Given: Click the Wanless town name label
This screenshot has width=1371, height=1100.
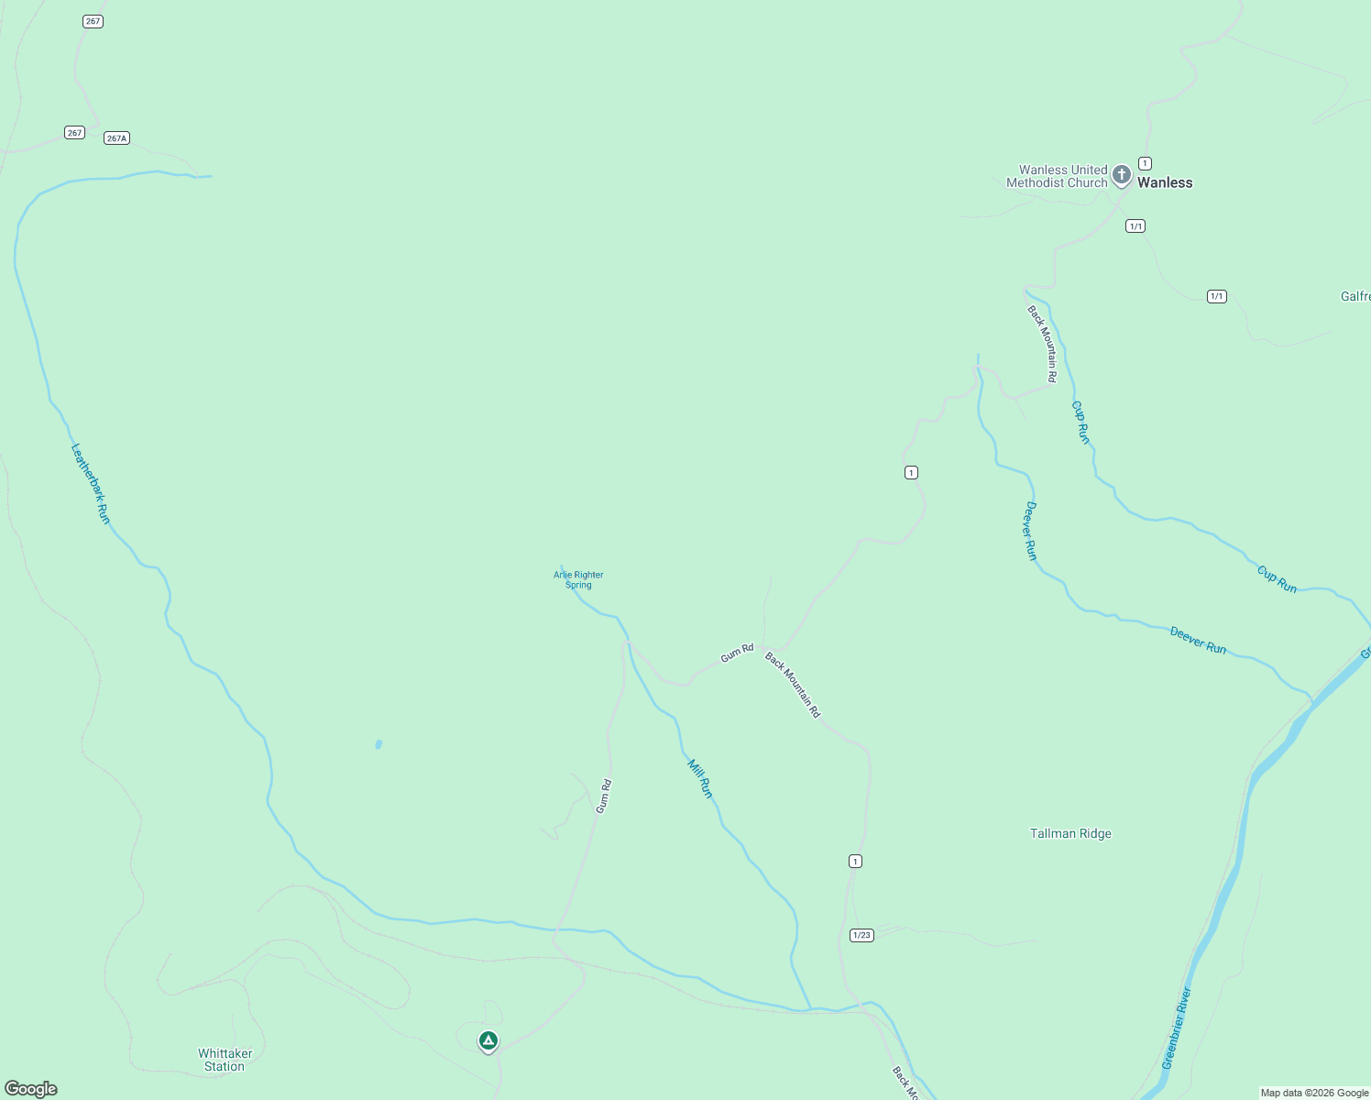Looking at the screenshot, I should [x=1165, y=182].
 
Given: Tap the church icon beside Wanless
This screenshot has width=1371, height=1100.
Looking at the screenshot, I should [x=1121, y=174].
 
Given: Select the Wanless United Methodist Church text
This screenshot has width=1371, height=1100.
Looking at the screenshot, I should [x=1057, y=176].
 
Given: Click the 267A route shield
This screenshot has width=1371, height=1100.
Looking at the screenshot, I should [x=116, y=138].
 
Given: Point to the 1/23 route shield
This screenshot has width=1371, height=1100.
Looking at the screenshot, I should [x=861, y=935].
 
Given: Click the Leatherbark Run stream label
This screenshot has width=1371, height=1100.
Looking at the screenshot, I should [x=91, y=484].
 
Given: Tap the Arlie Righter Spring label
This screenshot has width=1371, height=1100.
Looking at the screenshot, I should [x=578, y=580].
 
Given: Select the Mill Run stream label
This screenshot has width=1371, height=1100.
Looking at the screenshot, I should [x=700, y=778].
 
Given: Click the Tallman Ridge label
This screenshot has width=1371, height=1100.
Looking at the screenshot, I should [x=1070, y=833].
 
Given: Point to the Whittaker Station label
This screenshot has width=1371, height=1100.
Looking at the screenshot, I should [x=225, y=1060].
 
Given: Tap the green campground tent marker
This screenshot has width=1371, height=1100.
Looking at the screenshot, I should [x=488, y=1040].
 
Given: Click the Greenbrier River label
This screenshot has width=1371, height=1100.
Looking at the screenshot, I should [x=1176, y=1028].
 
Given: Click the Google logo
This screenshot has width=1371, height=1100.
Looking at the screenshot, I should [x=31, y=1089].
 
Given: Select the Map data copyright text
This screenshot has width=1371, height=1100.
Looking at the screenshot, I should [x=1314, y=1093].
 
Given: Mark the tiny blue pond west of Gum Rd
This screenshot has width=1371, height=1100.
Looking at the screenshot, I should [x=378, y=744].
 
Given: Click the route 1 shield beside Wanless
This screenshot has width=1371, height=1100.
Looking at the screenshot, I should [x=1145, y=163].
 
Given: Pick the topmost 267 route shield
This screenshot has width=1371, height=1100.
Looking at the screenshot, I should [x=93, y=21].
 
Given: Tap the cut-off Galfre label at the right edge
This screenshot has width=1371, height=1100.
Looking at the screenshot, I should [x=1355, y=296].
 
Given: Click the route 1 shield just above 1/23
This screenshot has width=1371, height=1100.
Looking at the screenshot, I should [x=855, y=861].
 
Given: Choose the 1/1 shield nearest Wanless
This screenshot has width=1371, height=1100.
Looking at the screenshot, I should [x=1135, y=225].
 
